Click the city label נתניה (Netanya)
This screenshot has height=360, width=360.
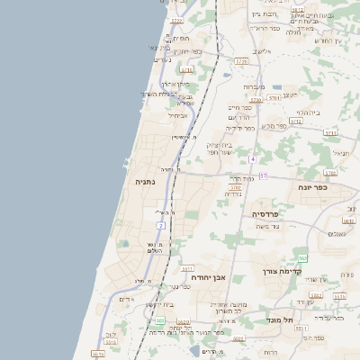click(x=145, y=182)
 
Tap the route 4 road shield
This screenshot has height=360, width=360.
click(x=254, y=159)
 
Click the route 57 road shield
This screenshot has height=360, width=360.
click(x=263, y=175)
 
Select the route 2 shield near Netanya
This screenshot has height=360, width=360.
click(x=161, y=225)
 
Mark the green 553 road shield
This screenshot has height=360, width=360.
click(x=159, y=320)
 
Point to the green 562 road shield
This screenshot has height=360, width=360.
click(x=303, y=258)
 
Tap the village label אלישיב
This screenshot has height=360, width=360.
click(x=262, y=51)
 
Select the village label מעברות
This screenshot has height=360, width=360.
click(x=254, y=86)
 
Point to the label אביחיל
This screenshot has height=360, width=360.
click(x=177, y=115)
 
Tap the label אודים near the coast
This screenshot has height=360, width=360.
click(x=126, y=299)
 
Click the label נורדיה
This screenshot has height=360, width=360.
click(x=233, y=193)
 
